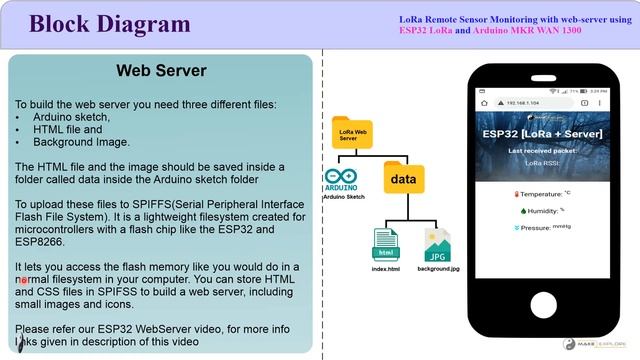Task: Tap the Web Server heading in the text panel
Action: point(161,71)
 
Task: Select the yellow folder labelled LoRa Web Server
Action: point(351,133)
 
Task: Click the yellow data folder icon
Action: point(403,177)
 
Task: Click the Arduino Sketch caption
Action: point(343,198)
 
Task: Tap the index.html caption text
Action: point(386,269)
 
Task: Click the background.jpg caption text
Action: point(439,269)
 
